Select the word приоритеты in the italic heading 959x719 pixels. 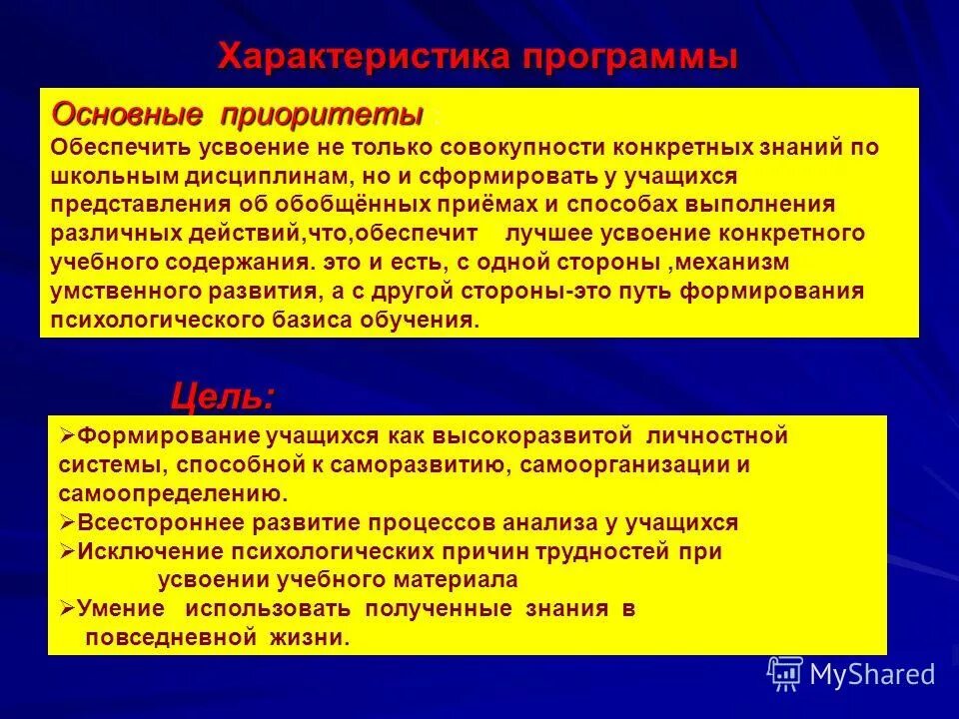click(x=322, y=115)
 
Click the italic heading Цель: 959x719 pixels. click(x=222, y=397)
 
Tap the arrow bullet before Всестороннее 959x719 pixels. click(x=67, y=521)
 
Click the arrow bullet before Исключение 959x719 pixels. click(x=67, y=550)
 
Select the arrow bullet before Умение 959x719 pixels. click(x=67, y=608)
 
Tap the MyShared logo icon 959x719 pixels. click(x=784, y=672)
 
